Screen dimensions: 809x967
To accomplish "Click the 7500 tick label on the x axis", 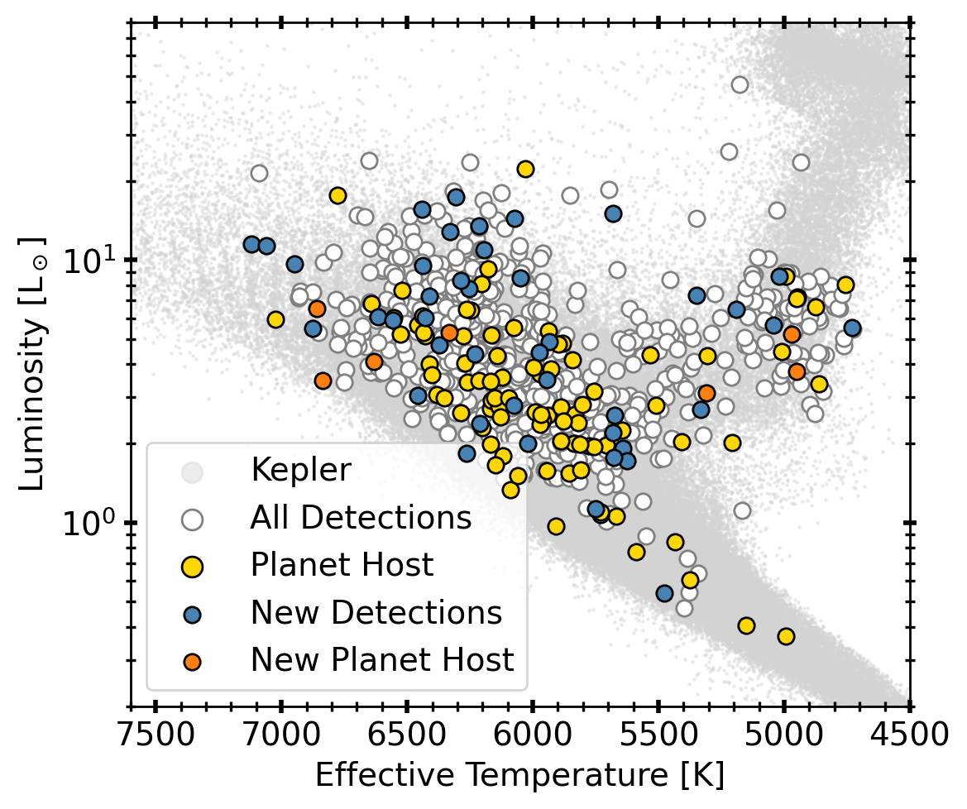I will click(156, 735).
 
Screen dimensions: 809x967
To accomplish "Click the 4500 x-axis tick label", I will click(909, 735).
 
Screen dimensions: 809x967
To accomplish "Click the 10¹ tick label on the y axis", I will click(89, 261).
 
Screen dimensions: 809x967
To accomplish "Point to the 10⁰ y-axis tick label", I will click(89, 524).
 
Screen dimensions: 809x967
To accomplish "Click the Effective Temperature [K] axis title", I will click(519, 776).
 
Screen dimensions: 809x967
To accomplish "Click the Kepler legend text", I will click(301, 471).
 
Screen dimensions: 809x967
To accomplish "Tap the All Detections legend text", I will click(361, 519).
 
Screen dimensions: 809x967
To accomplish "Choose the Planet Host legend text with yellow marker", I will click(342, 566).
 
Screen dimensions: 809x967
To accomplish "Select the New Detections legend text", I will click(376, 613).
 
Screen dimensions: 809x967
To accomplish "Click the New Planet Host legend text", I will click(382, 660).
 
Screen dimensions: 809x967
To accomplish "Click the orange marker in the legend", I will click(192, 661).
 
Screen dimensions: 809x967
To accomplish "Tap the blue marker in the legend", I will click(192, 614).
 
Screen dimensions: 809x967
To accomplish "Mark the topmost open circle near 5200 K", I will click(740, 84).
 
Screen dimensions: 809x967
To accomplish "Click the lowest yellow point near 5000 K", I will click(786, 636).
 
